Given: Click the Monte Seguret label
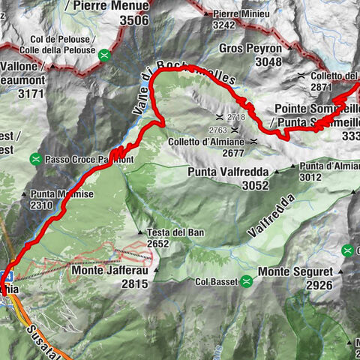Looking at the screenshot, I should (x=295, y=271).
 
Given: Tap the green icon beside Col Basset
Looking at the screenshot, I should (x=245, y=281).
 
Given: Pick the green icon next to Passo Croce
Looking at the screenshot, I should (x=36, y=159).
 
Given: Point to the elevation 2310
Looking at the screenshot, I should (x=41, y=205).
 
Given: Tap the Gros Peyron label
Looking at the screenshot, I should (x=251, y=49).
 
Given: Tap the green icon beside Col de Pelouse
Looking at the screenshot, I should (x=106, y=54).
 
